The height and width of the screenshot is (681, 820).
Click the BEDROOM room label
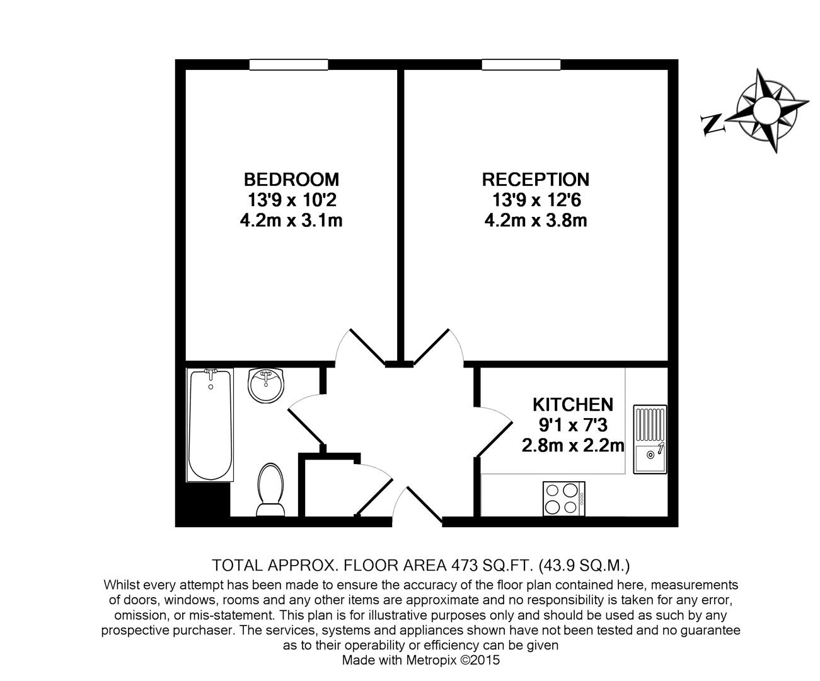[x=291, y=179]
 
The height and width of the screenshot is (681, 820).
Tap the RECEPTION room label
[x=535, y=179]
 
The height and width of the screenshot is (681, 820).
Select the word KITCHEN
[x=572, y=404]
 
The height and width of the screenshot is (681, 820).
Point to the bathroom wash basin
[x=266, y=384]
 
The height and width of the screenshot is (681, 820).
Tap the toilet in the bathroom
[x=270, y=488]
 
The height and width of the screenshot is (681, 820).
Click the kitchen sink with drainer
[x=650, y=439]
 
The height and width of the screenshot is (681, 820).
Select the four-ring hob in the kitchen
[x=563, y=498]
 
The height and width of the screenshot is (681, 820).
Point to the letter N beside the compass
[x=713, y=123]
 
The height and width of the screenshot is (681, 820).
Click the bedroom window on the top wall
[x=289, y=64]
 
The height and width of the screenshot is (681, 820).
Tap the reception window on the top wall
[x=521, y=64]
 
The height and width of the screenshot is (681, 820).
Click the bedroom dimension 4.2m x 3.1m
[x=291, y=221]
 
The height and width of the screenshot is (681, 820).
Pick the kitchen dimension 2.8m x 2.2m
[x=572, y=446]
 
